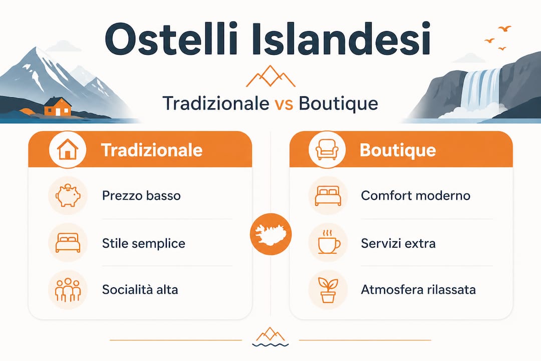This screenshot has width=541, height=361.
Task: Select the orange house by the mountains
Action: [x=57, y=106]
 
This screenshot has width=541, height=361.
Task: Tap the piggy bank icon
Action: [x=67, y=196]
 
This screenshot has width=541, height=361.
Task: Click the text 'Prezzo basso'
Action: [x=141, y=195]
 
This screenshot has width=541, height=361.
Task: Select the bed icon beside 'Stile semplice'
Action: [x=67, y=243]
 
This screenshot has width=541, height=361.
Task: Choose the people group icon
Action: [x=67, y=289]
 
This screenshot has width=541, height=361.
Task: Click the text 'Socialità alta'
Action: [x=140, y=289]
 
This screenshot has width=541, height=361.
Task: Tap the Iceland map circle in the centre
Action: [x=270, y=234]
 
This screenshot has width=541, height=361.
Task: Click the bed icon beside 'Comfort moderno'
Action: [x=328, y=196]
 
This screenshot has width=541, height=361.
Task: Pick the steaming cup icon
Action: [x=328, y=243]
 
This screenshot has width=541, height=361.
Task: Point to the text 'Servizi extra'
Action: [x=398, y=244]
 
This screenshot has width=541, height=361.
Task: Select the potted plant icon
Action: [x=328, y=289]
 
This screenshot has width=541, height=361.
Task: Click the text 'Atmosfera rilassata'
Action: [x=418, y=289]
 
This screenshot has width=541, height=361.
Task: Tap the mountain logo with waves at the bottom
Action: [x=270, y=337]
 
